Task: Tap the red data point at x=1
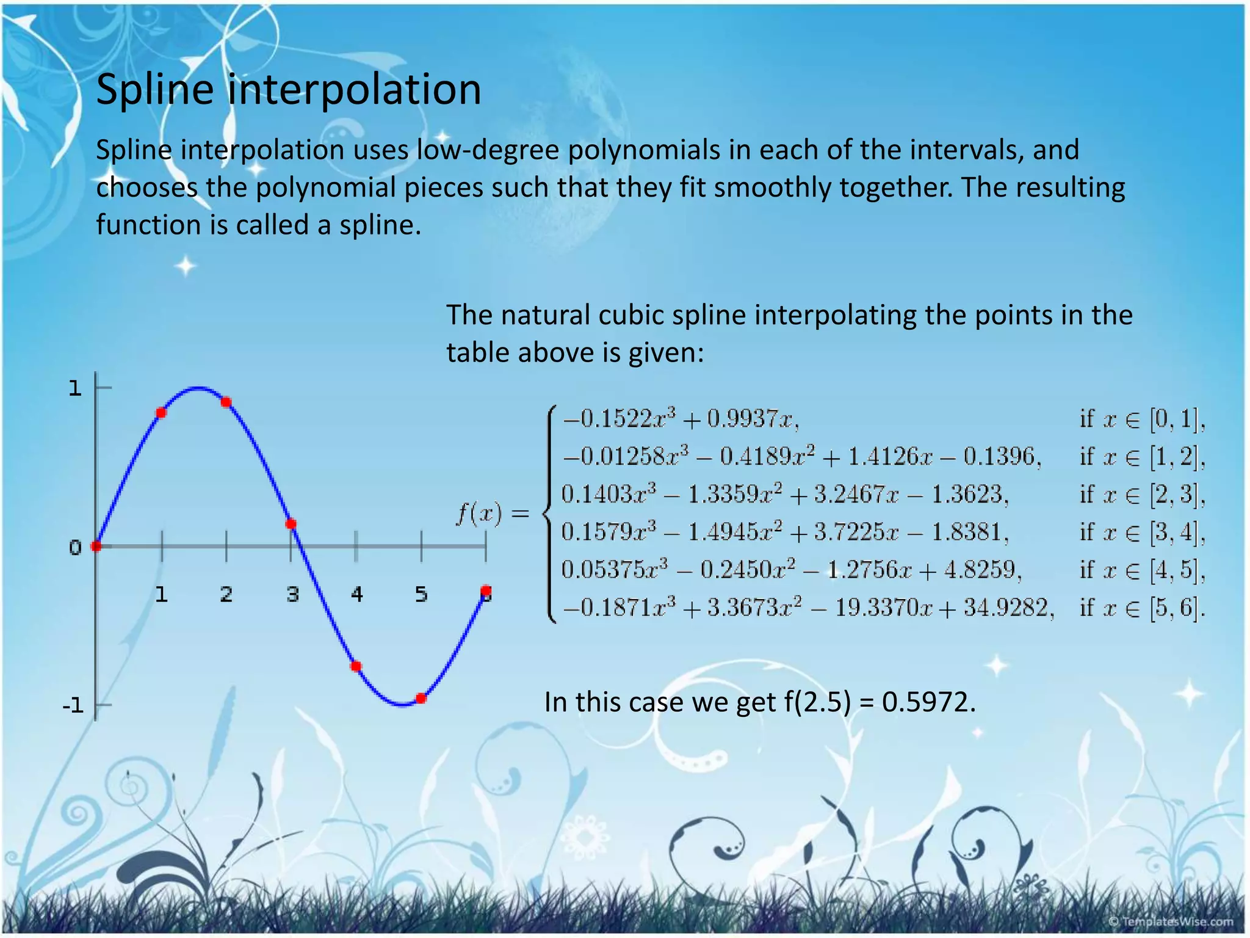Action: (x=161, y=413)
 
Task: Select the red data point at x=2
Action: (x=226, y=402)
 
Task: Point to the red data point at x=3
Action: (x=291, y=524)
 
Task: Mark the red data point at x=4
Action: (x=356, y=666)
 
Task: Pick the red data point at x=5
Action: (x=421, y=698)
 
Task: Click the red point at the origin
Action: (x=96, y=546)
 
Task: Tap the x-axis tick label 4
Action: (x=357, y=594)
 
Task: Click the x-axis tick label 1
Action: (x=161, y=594)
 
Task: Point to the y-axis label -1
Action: (x=73, y=707)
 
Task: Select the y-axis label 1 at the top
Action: (x=75, y=388)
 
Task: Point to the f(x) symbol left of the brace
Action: (x=480, y=514)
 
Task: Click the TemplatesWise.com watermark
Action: (x=1170, y=922)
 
